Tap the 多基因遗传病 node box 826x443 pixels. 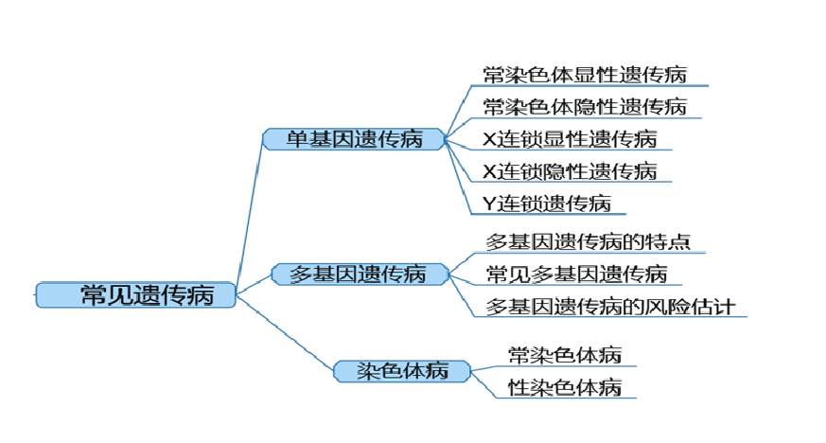coord(357,275)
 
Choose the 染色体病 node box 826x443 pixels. coord(402,370)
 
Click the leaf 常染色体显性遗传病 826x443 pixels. coord(584,75)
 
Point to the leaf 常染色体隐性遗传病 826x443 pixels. coord(584,106)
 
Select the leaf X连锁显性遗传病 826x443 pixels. coord(569,139)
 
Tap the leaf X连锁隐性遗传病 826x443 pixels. coord(569,171)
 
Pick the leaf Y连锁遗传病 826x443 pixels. coord(546,203)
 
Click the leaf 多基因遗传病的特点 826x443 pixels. coord(588,241)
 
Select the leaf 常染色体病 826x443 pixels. coord(564,355)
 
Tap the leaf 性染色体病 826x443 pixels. coord(564,387)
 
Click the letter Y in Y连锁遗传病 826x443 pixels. coord(489,203)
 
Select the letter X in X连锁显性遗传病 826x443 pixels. coord(489,139)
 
